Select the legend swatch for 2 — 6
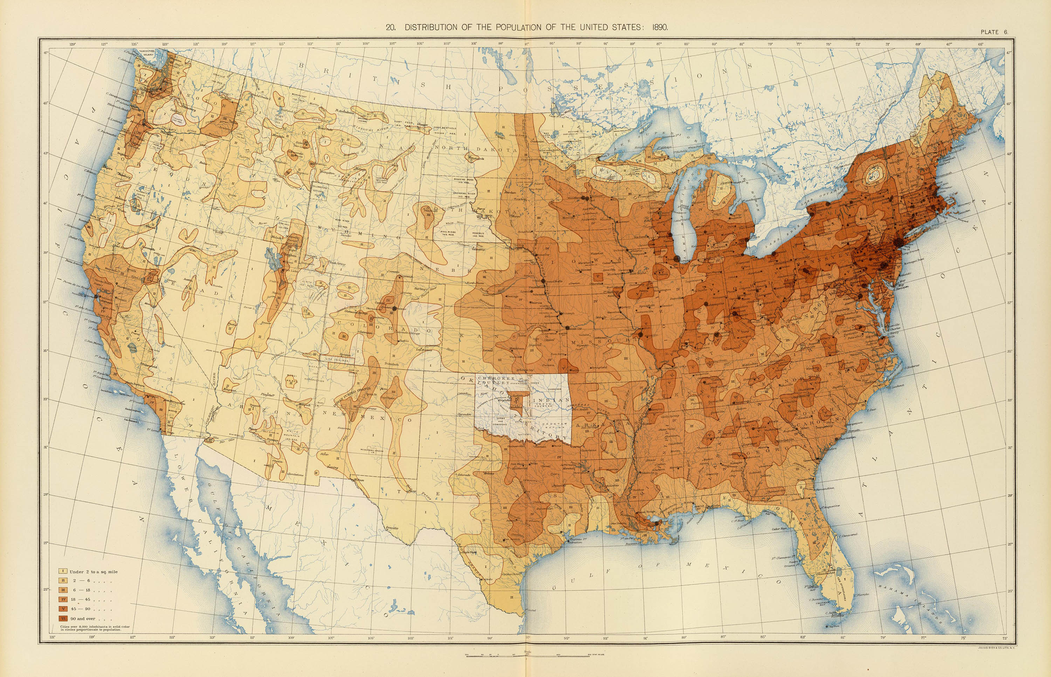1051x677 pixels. click(x=63, y=581)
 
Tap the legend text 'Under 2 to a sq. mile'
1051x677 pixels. click(x=93, y=571)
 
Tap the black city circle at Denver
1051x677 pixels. click(x=394, y=309)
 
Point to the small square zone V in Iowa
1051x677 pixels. click(x=597, y=277)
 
